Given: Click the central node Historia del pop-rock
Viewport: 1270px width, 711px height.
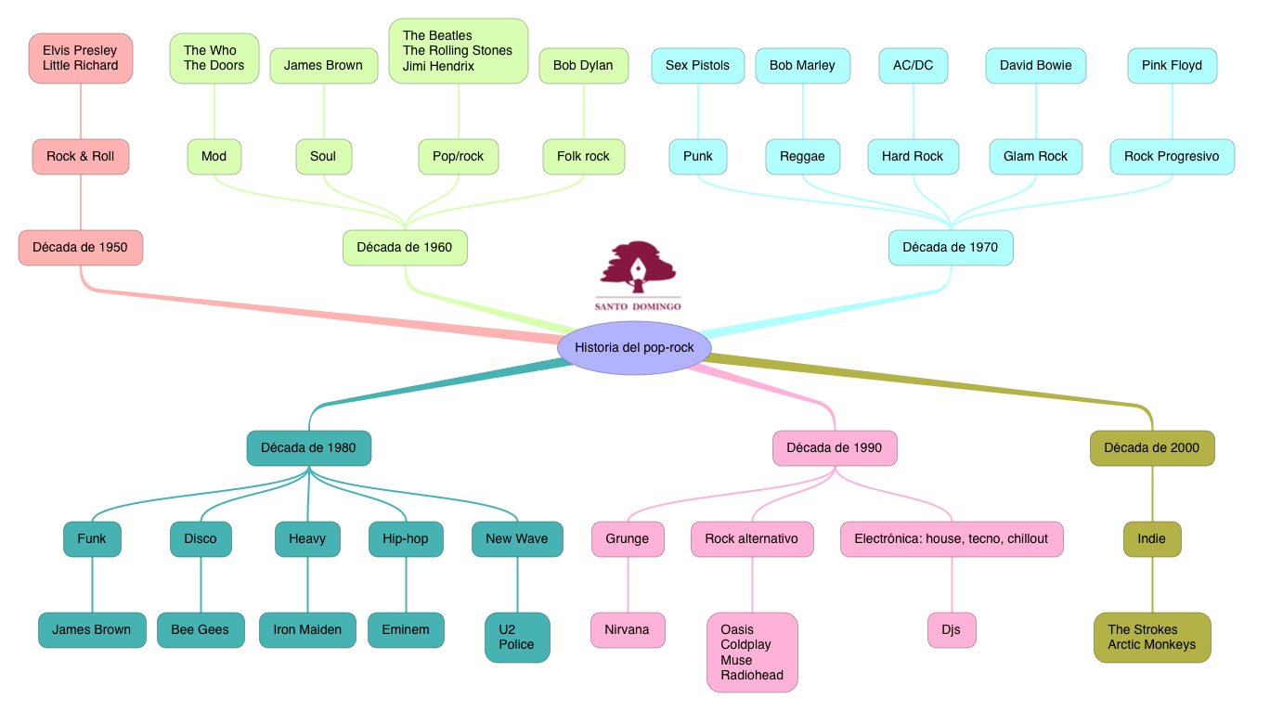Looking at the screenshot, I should pyautogui.click(x=634, y=347).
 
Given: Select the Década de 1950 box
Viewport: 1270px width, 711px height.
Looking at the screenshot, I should pyautogui.click(x=81, y=248).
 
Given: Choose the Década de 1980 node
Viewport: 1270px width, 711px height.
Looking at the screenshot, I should pyautogui.click(x=308, y=447).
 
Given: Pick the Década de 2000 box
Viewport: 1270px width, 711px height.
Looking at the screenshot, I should pyautogui.click(x=1151, y=447).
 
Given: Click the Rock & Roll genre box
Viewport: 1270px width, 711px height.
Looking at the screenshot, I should pyautogui.click(x=81, y=157).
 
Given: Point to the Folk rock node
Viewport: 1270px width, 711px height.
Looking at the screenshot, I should pyautogui.click(x=583, y=157).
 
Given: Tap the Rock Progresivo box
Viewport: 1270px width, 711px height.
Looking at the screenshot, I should pyautogui.click(x=1172, y=157).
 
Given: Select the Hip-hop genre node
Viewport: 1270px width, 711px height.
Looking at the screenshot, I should pyautogui.click(x=406, y=538).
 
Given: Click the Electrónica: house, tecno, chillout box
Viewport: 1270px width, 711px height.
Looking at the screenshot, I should pyautogui.click(x=951, y=538).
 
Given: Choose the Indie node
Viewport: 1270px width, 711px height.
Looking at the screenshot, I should pyautogui.click(x=1151, y=538).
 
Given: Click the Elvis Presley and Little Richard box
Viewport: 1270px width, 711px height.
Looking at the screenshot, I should pyautogui.click(x=81, y=58).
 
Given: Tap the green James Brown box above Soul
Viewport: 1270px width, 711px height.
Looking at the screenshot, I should pyautogui.click(x=323, y=66).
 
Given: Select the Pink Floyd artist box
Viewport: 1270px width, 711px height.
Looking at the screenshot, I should pyautogui.click(x=1172, y=66).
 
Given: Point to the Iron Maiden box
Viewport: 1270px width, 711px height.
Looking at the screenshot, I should pyautogui.click(x=307, y=629).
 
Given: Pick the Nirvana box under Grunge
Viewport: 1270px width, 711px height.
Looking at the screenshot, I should pyautogui.click(x=628, y=629).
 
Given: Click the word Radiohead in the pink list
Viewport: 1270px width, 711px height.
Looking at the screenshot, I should pyautogui.click(x=752, y=676).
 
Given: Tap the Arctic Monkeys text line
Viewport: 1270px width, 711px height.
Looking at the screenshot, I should pyautogui.click(x=1151, y=645).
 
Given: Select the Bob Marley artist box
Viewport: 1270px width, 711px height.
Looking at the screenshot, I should pyautogui.click(x=802, y=66).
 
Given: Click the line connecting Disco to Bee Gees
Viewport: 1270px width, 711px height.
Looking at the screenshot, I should pyautogui.click(x=201, y=585).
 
